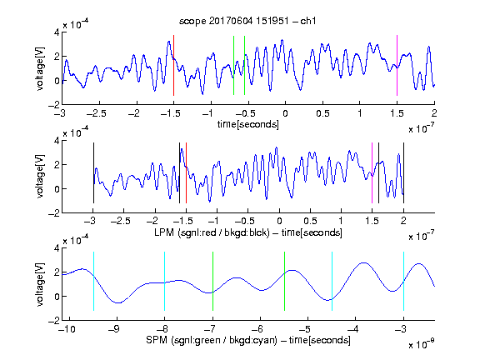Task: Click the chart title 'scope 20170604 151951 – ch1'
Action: point(247,21)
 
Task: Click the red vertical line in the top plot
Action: point(173,65)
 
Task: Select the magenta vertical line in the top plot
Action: point(397,65)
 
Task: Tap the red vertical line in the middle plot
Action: point(186,172)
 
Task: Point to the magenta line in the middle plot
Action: point(372,172)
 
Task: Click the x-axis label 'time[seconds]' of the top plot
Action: point(248,124)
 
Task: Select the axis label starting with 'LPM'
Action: point(248,232)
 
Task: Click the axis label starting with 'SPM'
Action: point(248,340)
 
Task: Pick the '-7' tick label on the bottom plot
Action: point(209,329)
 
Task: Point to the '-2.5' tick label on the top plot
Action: point(97,113)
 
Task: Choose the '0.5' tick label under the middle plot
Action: point(310,221)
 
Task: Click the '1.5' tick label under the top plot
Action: point(397,113)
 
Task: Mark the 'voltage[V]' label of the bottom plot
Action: point(40,284)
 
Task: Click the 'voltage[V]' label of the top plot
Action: point(40,68)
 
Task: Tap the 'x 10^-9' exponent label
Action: point(422,344)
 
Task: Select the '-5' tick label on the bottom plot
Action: point(305,329)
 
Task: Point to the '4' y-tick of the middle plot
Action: point(57,141)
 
